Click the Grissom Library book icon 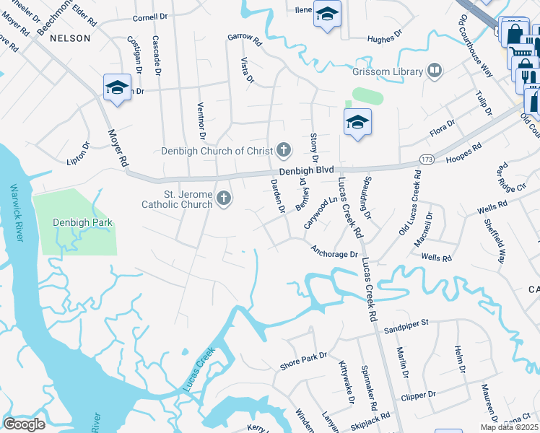(435, 70)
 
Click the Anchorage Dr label (334, 253)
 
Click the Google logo (24, 424)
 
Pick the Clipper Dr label (422, 395)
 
